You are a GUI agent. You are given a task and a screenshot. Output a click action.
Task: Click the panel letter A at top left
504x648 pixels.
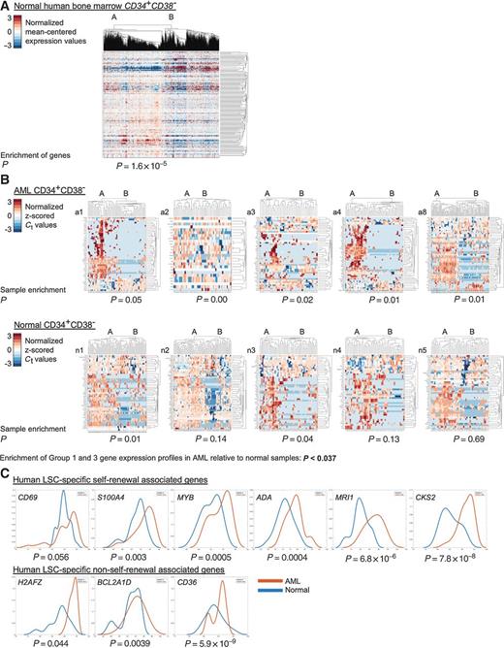tap(5, 6)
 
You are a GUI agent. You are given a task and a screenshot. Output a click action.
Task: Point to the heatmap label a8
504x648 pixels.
tap(425, 210)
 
